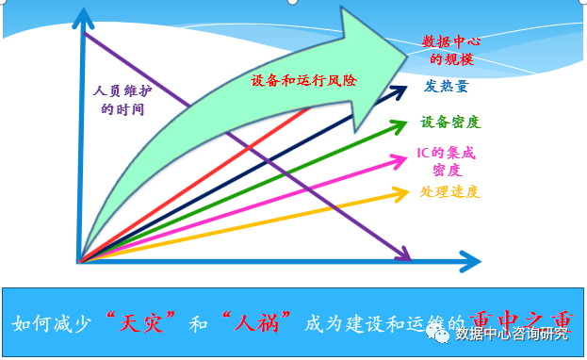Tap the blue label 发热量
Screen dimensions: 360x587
click(446, 87)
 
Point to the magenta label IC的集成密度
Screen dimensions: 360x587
click(448, 161)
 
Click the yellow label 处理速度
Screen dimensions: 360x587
click(449, 192)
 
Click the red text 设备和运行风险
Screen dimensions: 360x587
click(304, 81)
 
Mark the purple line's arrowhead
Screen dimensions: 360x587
click(404, 255)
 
